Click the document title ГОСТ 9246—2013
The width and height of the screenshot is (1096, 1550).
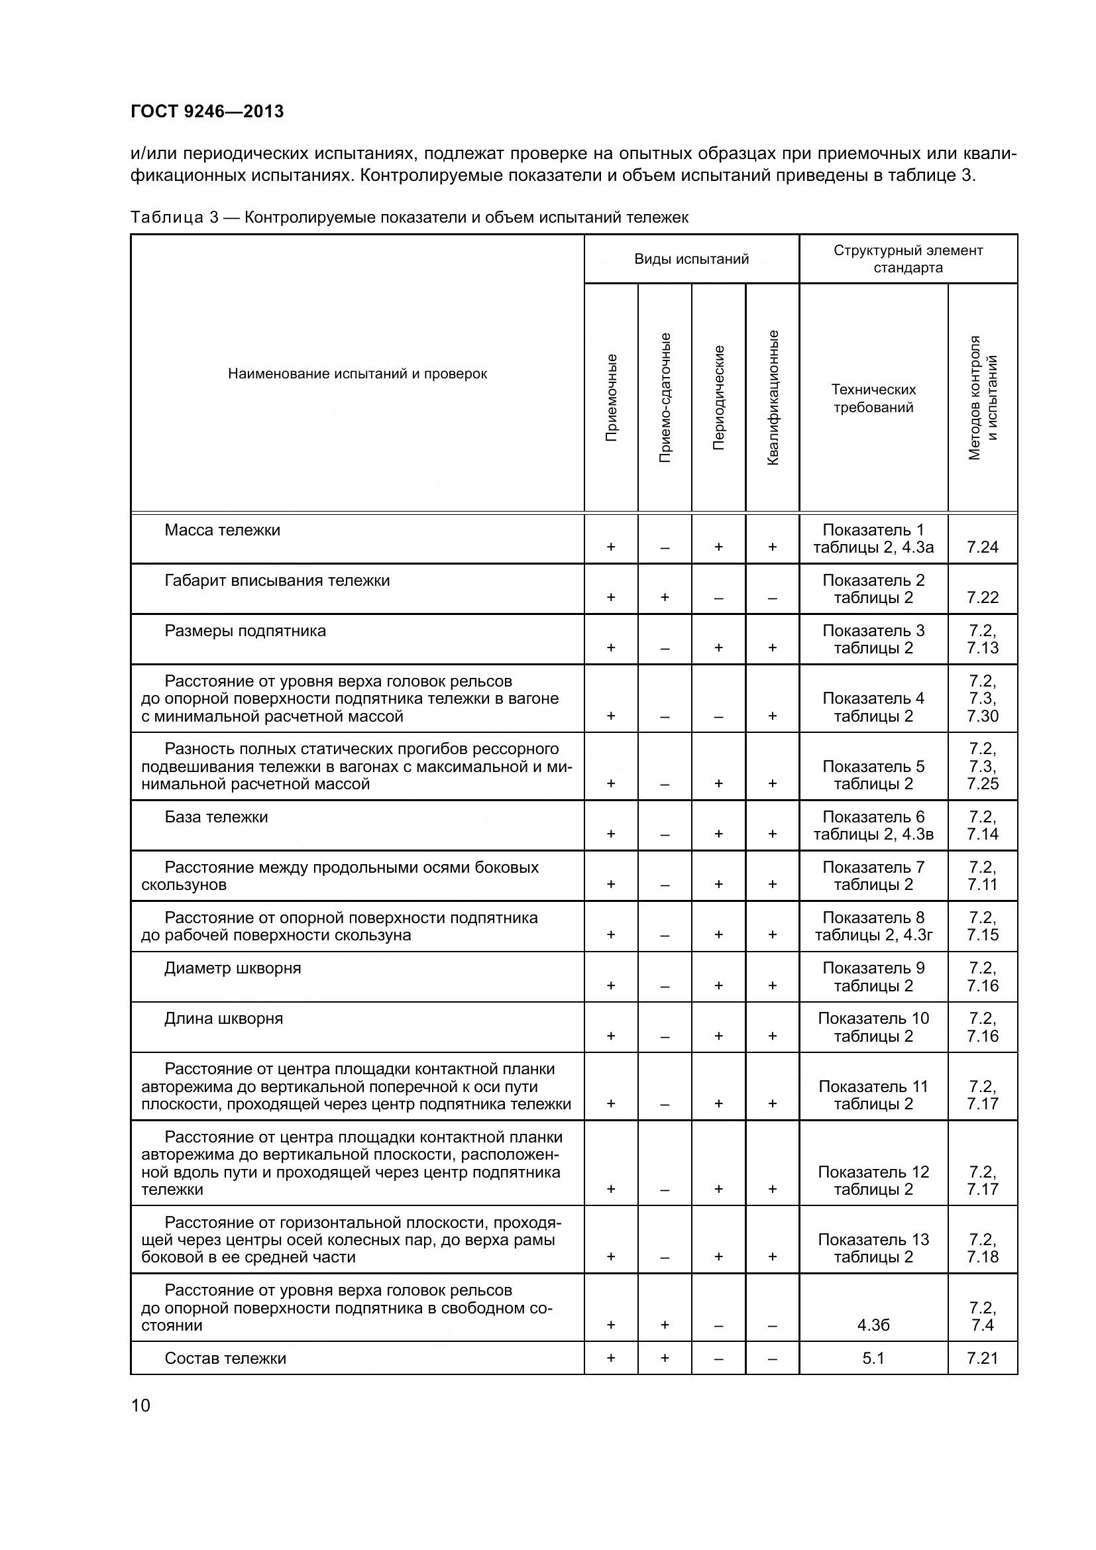207,111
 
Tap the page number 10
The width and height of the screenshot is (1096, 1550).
141,1406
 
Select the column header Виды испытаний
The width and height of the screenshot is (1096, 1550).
691,259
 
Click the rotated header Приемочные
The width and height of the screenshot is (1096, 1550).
612,398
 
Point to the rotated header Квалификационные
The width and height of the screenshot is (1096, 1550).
773,398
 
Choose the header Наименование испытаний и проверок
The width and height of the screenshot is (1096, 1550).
357,374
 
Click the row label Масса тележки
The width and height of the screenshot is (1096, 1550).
222,530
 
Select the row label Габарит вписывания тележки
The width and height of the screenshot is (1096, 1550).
277,581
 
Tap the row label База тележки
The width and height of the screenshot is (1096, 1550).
216,817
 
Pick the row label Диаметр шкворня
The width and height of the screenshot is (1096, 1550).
232,968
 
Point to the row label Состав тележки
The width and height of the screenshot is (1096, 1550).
225,1358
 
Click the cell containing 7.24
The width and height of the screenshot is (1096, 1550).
982,547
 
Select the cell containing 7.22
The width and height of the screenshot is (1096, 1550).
982,597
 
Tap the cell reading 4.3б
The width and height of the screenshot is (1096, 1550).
873,1325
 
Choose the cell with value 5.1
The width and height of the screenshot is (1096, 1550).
873,1358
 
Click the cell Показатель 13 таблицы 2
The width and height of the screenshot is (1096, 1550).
873,1248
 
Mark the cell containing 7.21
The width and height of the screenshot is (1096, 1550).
982,1358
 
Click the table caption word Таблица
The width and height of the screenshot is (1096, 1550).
169,217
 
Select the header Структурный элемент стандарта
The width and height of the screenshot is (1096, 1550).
908,259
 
